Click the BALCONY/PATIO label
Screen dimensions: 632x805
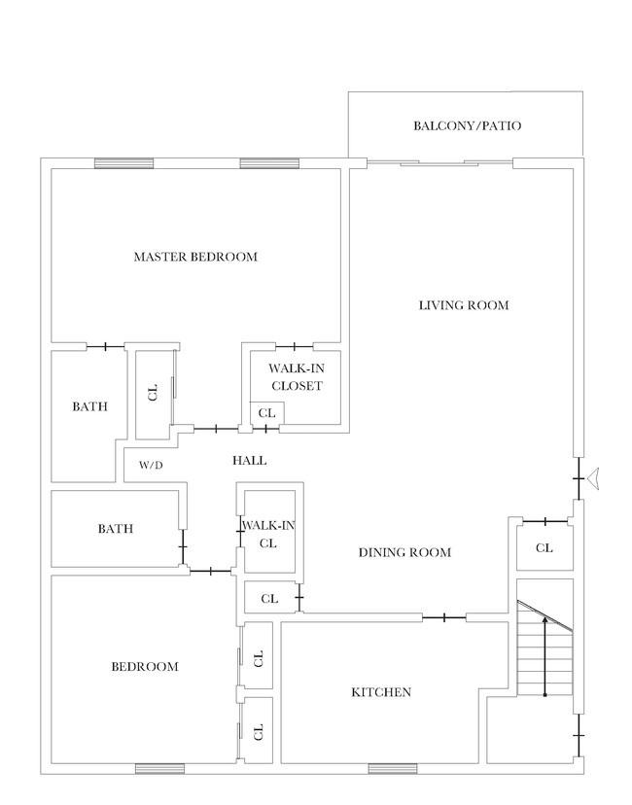468,125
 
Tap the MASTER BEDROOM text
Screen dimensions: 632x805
195,257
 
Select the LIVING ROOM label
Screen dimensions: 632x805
464,305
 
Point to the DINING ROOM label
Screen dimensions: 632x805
404,552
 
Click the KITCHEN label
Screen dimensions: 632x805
381,692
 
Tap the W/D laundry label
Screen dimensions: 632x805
151,466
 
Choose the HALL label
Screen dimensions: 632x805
250,461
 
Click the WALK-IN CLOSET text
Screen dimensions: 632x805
297,377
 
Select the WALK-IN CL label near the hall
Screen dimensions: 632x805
268,535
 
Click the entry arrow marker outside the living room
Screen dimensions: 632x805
592,479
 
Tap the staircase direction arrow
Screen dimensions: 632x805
544,657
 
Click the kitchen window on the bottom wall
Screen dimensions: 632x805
393,769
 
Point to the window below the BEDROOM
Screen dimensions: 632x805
159,769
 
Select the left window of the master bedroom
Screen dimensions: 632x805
124,163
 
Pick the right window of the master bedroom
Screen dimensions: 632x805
269,163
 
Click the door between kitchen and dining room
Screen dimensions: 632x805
444,617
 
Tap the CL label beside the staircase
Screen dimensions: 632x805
544,548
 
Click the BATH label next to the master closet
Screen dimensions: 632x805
89,406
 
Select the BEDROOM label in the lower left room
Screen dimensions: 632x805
145,667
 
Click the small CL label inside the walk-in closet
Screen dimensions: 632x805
267,413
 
